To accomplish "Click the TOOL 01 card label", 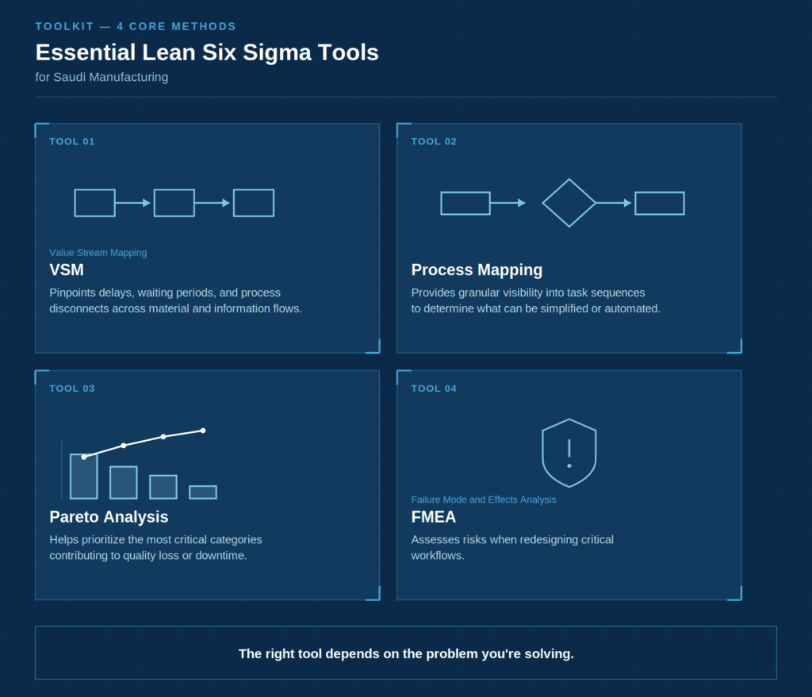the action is (x=72, y=141).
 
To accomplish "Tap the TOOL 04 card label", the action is (x=434, y=389).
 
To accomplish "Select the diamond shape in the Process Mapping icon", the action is (x=569, y=180).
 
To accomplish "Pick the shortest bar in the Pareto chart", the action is (x=203, y=492).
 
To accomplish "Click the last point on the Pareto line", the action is (x=203, y=431).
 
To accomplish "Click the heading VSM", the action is (x=67, y=270).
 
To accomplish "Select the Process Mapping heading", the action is (x=477, y=270).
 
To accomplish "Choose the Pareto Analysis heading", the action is (x=109, y=517).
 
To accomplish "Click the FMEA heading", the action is (x=434, y=517).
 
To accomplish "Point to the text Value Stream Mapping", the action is (x=98, y=253).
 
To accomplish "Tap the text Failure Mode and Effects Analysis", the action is (x=484, y=500).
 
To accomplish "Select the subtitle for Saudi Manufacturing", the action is (x=101, y=77).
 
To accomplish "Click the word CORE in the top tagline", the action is (x=147, y=26).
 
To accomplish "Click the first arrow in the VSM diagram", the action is (x=132, y=203).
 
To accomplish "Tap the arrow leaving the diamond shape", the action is (x=614, y=203).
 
